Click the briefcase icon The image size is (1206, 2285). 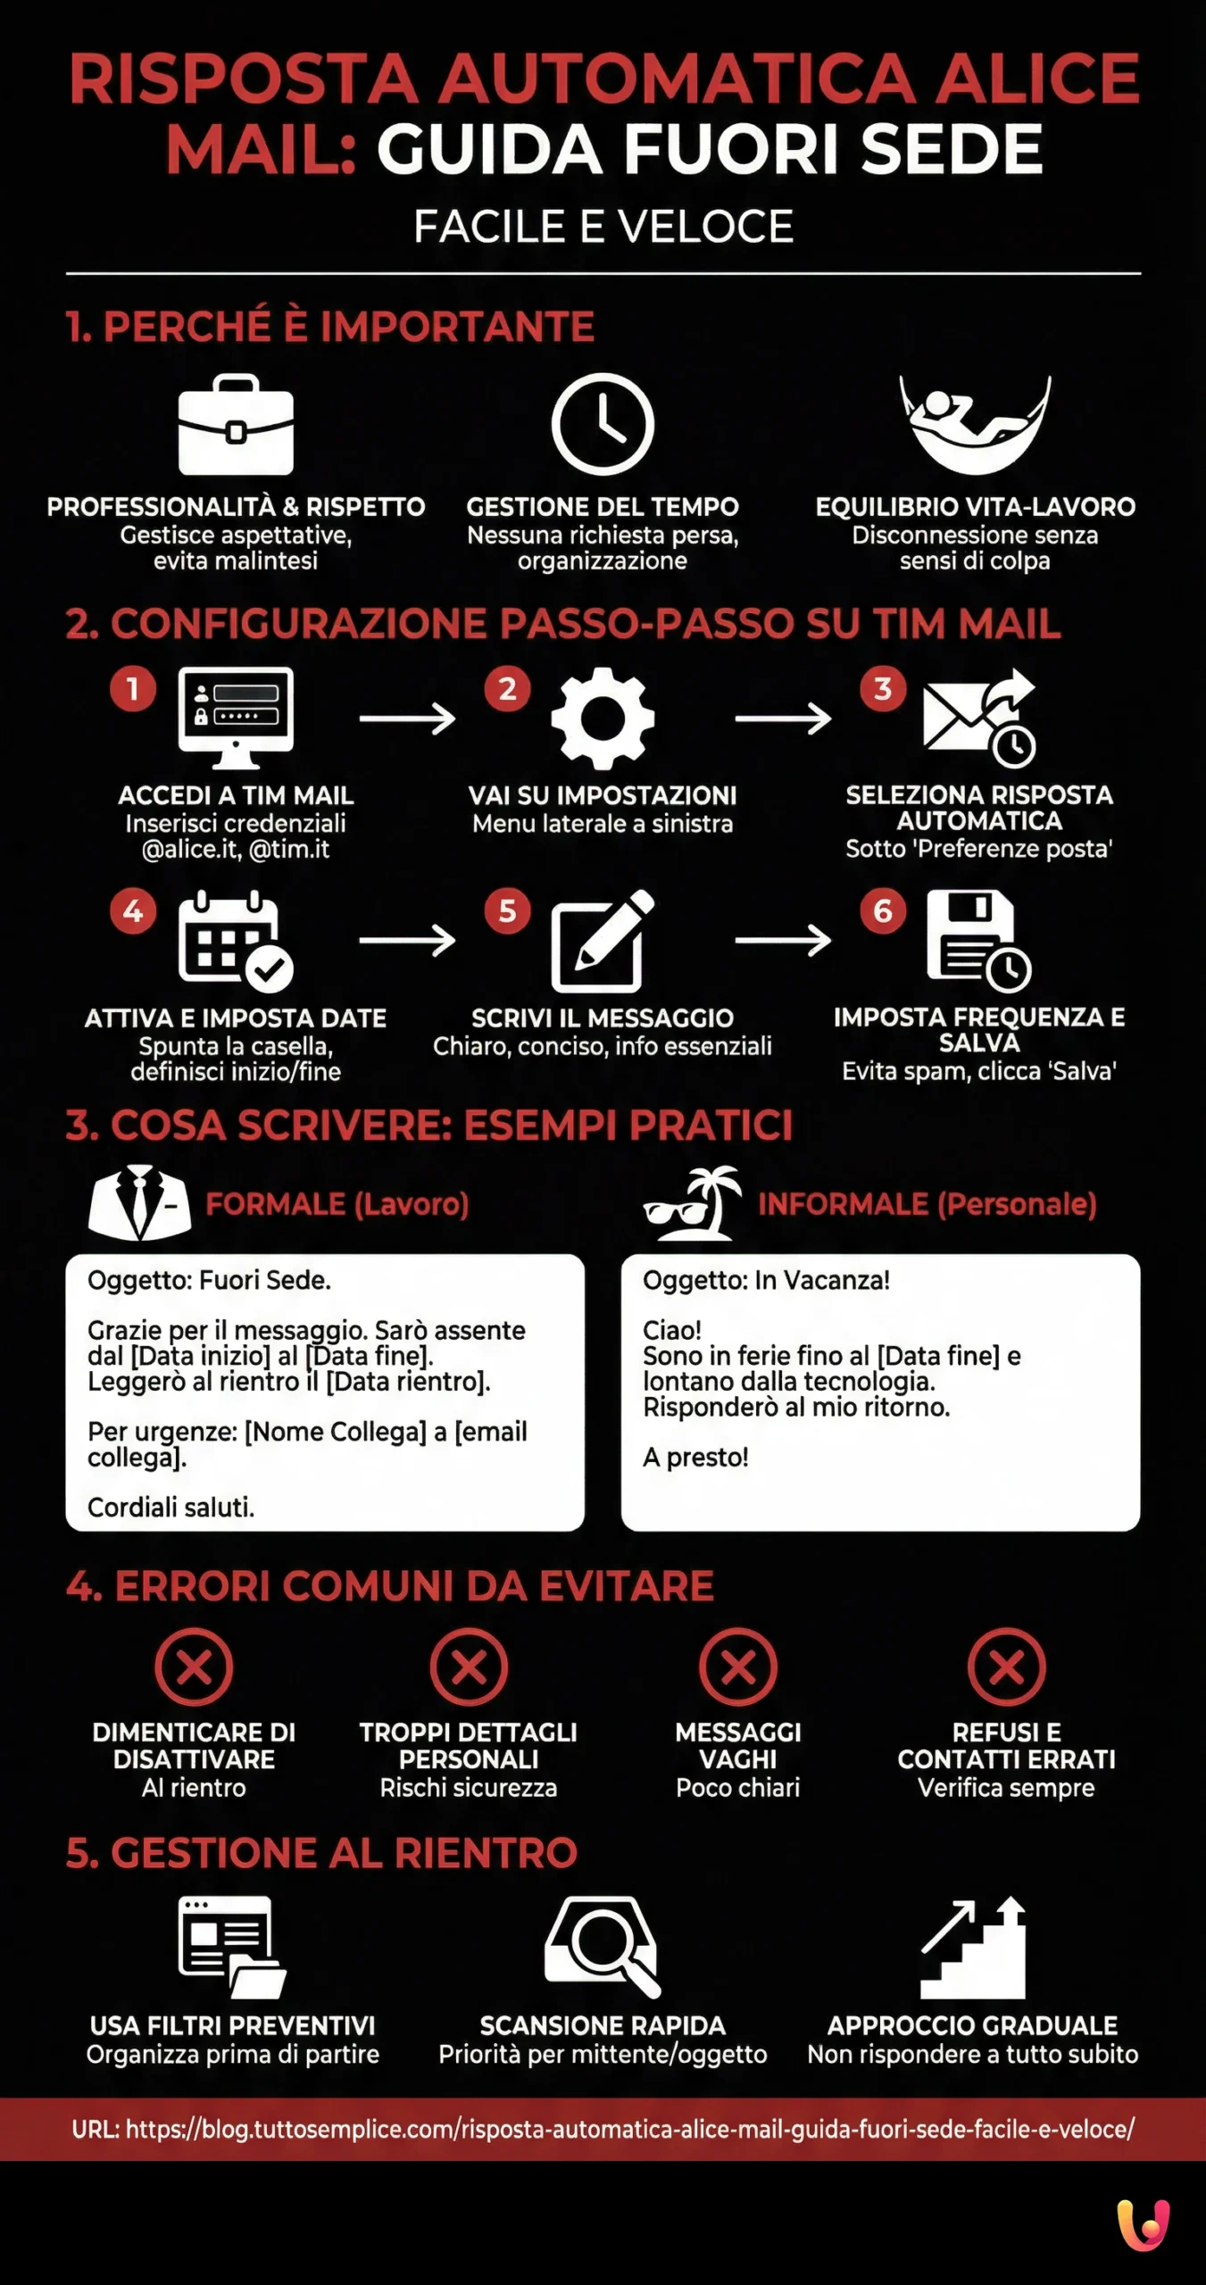pos(236,426)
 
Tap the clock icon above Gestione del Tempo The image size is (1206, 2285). pos(603,424)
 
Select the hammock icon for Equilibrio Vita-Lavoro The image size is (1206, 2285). pos(976,424)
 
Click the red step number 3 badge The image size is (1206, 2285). pos(882,689)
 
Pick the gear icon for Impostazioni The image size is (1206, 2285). pos(603,719)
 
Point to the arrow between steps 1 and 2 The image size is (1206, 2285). pos(407,719)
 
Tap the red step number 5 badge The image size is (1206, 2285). pos(507,911)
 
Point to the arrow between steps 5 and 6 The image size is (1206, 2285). pos(783,940)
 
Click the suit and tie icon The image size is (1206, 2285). pos(139,1202)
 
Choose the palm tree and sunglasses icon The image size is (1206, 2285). pos(693,1203)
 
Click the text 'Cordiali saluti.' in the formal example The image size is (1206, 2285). pos(171,1508)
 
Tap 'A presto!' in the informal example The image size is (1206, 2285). pos(695,1457)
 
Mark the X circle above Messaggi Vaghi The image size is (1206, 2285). pos(738,1666)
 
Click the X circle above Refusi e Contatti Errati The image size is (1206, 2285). pos(1007,1666)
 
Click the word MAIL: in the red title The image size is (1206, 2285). pos(261,149)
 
